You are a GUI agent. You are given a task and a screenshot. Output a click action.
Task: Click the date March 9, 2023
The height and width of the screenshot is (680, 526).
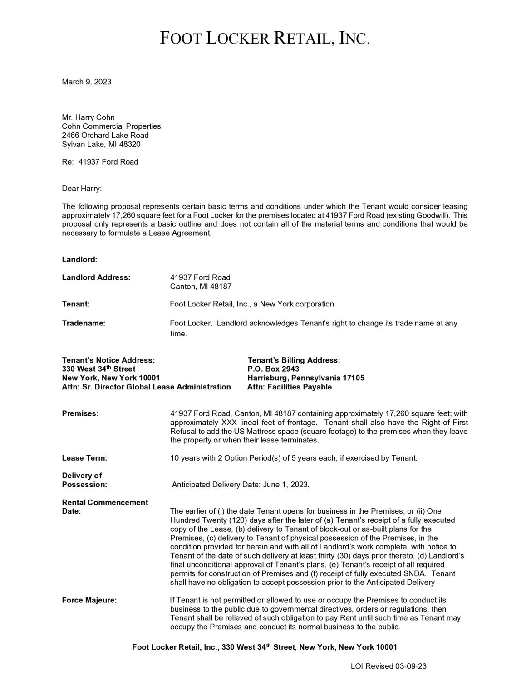86,82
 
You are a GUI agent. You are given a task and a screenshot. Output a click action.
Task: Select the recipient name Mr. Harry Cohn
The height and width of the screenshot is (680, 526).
88,118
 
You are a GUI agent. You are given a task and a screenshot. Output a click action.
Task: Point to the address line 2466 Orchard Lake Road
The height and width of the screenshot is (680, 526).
105,136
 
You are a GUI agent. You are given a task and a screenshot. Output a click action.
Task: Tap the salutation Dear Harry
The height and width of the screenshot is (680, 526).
82,188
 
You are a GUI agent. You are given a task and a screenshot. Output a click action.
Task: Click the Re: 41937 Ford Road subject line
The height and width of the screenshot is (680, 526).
100,162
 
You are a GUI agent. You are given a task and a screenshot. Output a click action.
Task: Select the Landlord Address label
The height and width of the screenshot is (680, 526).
96,277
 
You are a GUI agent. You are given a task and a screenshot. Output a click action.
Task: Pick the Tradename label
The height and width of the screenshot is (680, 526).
83,323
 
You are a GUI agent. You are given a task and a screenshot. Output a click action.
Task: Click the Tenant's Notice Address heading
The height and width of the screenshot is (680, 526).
108,360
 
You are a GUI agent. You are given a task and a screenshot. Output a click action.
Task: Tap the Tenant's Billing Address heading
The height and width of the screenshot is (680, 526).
293,360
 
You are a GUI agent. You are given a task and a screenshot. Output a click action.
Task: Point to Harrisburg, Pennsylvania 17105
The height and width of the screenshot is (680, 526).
305,378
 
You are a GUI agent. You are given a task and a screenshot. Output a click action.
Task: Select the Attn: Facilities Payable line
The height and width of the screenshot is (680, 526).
290,387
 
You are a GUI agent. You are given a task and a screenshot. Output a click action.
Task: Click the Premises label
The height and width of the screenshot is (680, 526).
80,413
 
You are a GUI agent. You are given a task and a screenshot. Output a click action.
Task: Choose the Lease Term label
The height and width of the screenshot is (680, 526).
84,458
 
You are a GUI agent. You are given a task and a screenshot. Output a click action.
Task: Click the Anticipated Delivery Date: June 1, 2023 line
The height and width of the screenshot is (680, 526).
241,485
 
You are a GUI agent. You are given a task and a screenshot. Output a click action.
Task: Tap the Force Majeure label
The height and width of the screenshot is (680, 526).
89,600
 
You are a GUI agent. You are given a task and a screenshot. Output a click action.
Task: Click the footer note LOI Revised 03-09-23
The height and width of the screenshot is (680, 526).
388,666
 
